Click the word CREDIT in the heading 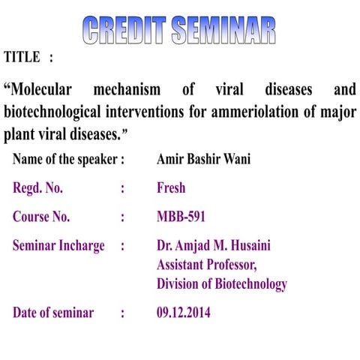pos(124,30)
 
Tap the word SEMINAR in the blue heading pos(223,30)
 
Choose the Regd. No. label pos(37,188)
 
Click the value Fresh pos(171,188)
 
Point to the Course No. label pos(41,217)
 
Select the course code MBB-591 pos(181,217)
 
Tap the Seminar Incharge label pos(58,246)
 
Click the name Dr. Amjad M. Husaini pos(213,246)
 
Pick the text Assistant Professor pos(206,265)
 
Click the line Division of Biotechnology pos(221,284)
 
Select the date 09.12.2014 pos(184,313)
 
